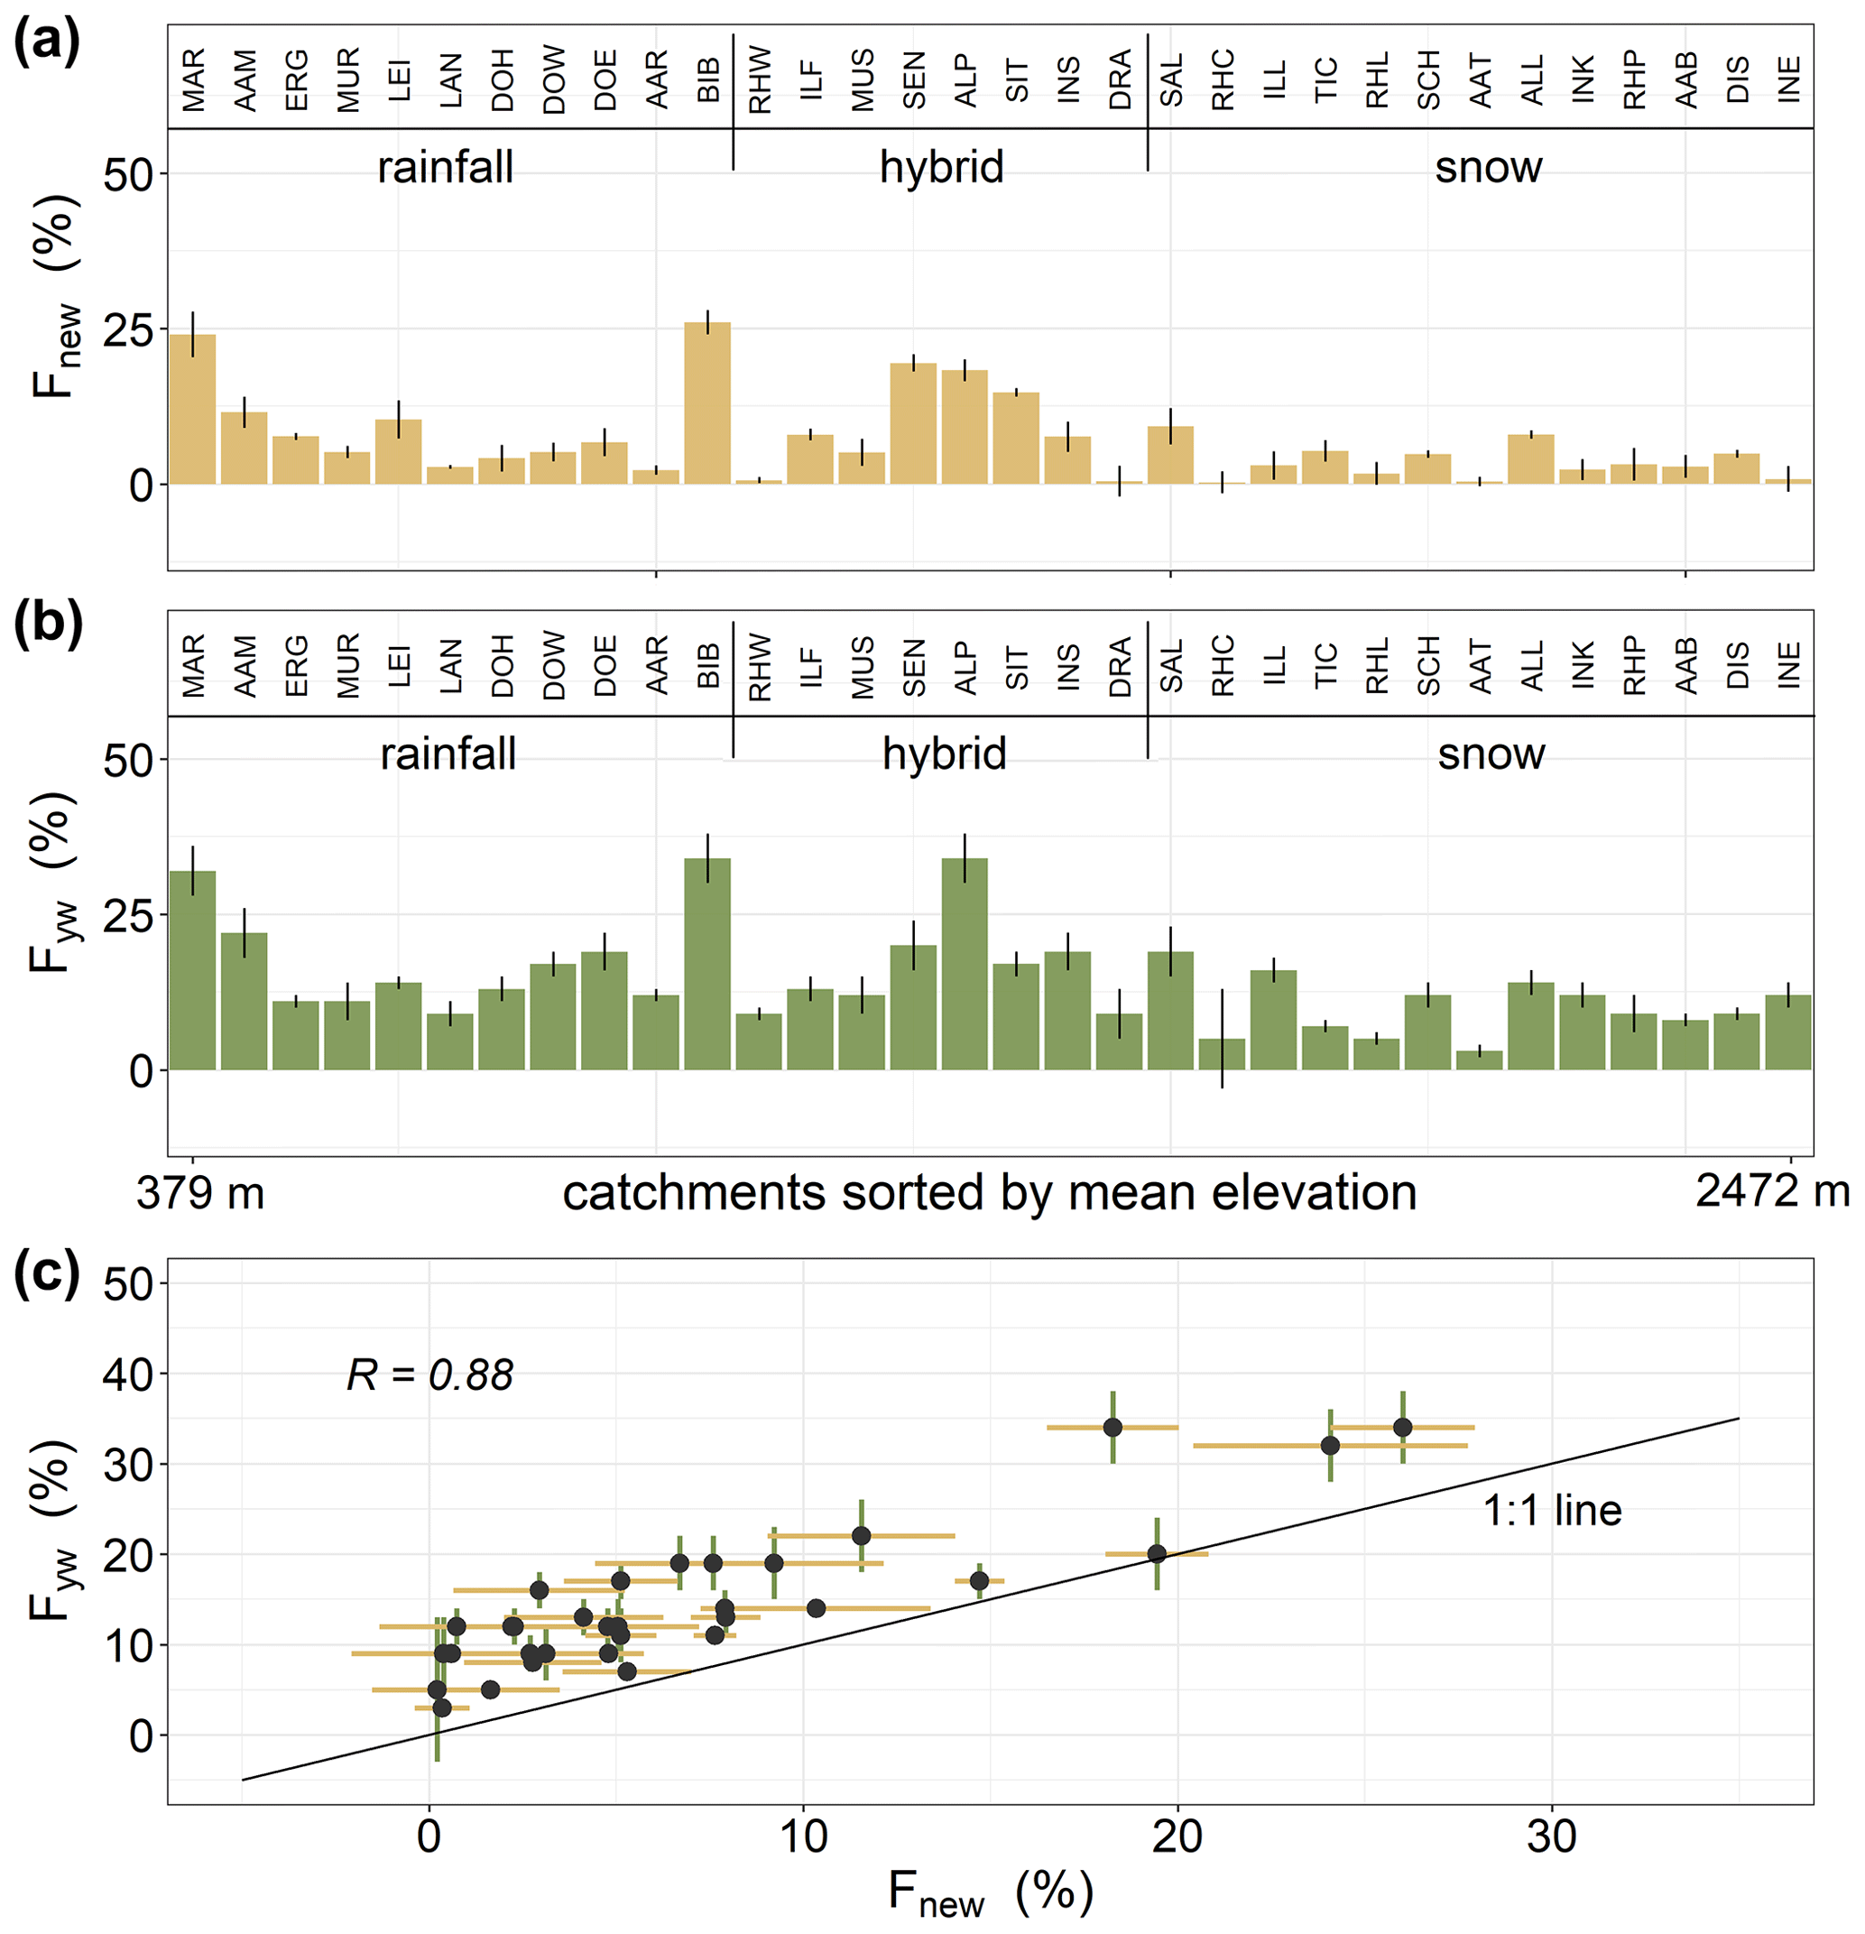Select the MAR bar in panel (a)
192,410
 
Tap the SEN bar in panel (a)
913,423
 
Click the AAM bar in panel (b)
244,1001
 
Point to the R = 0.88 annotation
430,1375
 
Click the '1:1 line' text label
1552,1511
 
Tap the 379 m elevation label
200,1193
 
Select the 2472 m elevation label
1771,1192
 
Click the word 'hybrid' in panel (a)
941,167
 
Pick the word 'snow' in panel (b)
1490,754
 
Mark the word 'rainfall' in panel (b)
448,754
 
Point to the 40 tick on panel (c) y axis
128,1374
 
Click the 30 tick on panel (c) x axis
1551,1837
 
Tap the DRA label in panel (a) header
1120,80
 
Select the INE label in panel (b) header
1789,665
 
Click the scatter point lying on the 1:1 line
1157,1554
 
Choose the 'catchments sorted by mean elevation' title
989,1193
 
